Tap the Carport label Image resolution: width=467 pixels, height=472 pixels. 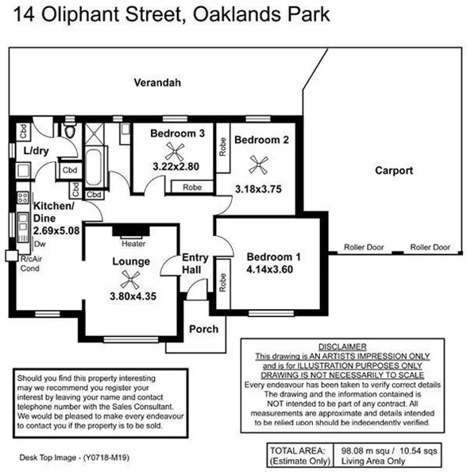pos(394,170)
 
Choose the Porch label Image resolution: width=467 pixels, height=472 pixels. pos(203,328)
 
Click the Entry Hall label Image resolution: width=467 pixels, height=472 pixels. pos(195,264)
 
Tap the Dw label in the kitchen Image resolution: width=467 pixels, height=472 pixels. pos(39,244)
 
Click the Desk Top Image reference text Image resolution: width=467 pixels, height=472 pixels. pos(74,458)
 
